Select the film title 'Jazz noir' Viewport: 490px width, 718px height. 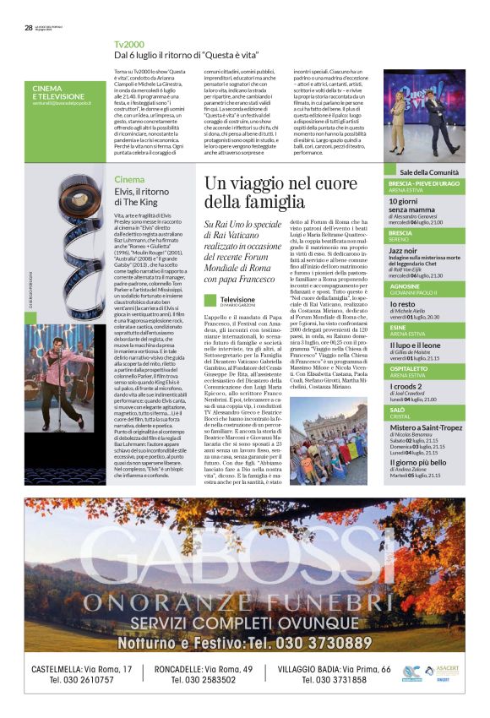403,251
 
